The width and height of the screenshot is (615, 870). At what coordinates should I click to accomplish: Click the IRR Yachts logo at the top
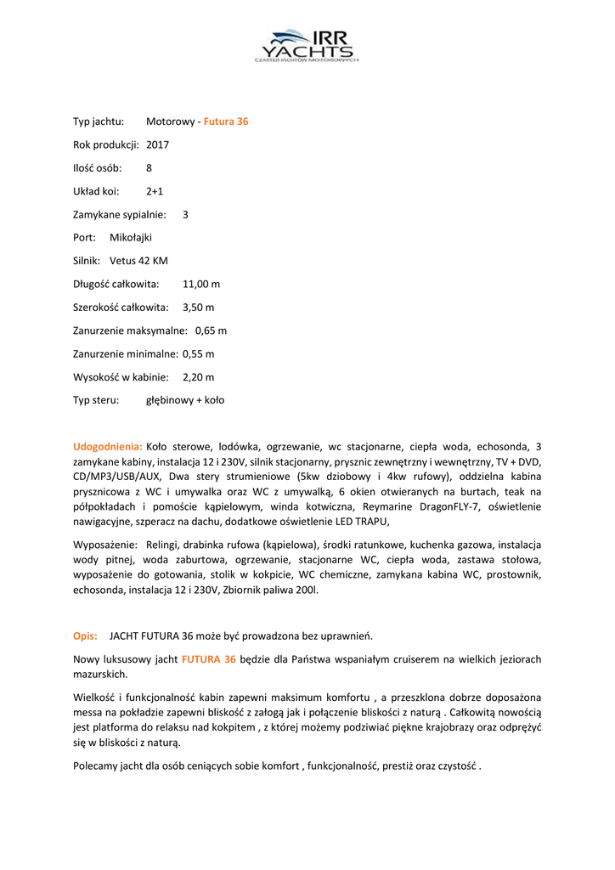[x=307, y=46]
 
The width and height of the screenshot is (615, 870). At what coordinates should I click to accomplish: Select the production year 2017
[x=158, y=144]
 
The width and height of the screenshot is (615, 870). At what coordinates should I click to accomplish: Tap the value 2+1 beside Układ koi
[x=155, y=191]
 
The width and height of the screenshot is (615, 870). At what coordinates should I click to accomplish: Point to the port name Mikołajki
[x=131, y=237]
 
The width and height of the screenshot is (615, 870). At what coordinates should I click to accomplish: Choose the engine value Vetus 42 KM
[x=138, y=261]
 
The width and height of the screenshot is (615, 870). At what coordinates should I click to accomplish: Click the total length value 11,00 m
[x=201, y=284]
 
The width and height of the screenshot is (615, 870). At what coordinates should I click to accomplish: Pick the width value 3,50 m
[x=199, y=307]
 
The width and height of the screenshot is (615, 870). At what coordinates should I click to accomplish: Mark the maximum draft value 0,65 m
[x=211, y=330]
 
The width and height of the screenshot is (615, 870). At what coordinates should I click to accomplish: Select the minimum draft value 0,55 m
[x=199, y=353]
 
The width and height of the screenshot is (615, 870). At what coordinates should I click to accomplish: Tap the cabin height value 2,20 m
[x=199, y=376]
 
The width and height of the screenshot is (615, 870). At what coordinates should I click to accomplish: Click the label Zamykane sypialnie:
[x=120, y=214]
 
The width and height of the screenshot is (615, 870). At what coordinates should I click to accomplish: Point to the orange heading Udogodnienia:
[x=108, y=445]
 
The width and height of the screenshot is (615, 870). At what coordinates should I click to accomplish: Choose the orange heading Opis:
[x=85, y=636]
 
